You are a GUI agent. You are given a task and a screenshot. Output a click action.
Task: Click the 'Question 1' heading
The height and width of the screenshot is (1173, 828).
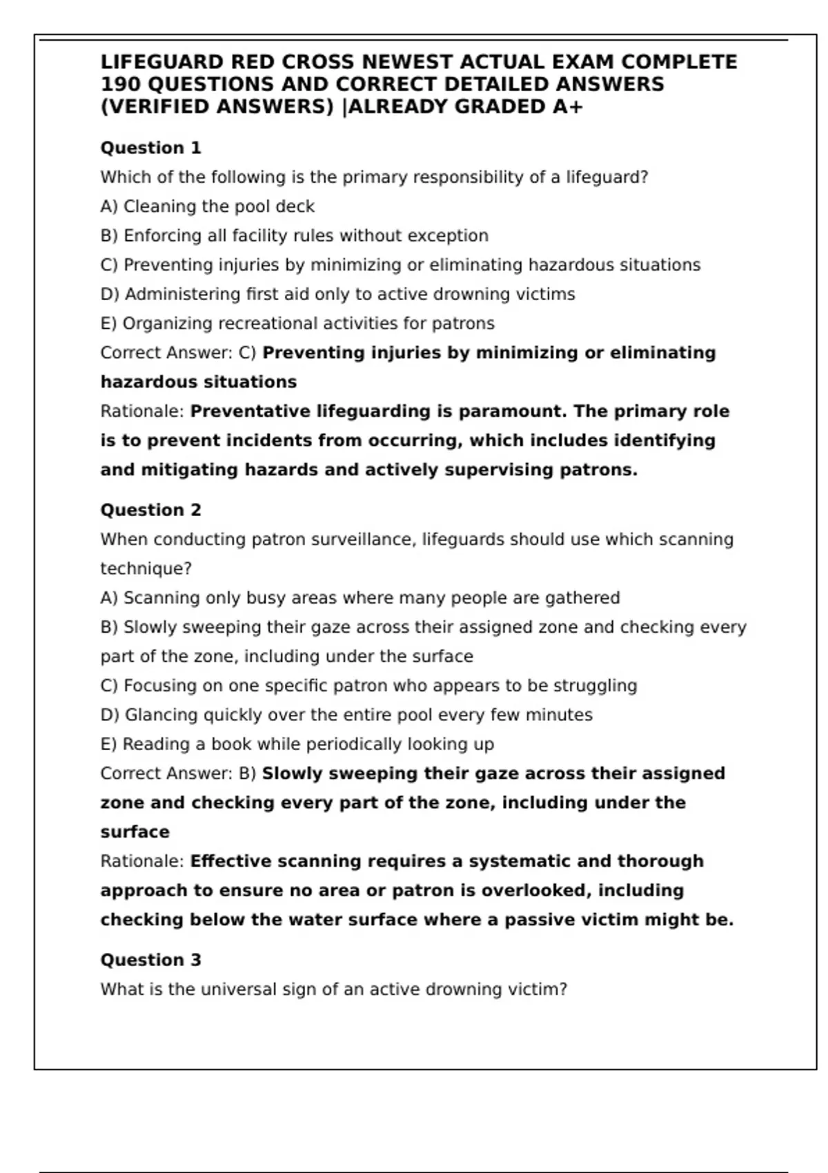coord(150,148)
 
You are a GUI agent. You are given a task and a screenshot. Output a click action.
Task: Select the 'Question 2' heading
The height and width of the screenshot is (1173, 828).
coord(150,510)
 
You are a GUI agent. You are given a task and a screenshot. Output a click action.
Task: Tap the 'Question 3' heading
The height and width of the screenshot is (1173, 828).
coord(150,960)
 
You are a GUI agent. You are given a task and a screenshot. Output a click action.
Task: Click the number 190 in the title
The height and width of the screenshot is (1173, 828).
coord(121,84)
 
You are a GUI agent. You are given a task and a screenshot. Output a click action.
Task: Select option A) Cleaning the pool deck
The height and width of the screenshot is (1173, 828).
coord(207,206)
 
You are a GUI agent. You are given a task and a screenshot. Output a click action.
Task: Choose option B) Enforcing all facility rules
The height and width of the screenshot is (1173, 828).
coord(294,236)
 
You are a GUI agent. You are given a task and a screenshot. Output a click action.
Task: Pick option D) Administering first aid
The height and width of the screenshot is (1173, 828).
coord(337,295)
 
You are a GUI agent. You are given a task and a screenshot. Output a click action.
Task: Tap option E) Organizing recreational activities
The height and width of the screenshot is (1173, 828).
coord(297,324)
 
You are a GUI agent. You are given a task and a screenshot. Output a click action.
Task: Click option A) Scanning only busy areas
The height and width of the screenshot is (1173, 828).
coord(360,598)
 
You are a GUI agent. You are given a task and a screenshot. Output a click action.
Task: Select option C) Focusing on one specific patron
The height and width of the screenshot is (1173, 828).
coord(368,686)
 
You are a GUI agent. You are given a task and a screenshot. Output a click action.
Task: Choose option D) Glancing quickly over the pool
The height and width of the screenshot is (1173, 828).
coord(346,715)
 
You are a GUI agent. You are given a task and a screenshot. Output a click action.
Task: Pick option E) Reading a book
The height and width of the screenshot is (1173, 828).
coord(297,745)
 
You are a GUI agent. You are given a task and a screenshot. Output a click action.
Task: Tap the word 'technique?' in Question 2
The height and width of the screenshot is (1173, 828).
coord(146,569)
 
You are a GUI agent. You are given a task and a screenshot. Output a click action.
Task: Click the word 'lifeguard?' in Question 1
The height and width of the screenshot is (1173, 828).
coord(607,177)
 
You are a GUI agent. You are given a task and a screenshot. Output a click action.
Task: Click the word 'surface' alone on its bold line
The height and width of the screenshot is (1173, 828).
coord(135,832)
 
